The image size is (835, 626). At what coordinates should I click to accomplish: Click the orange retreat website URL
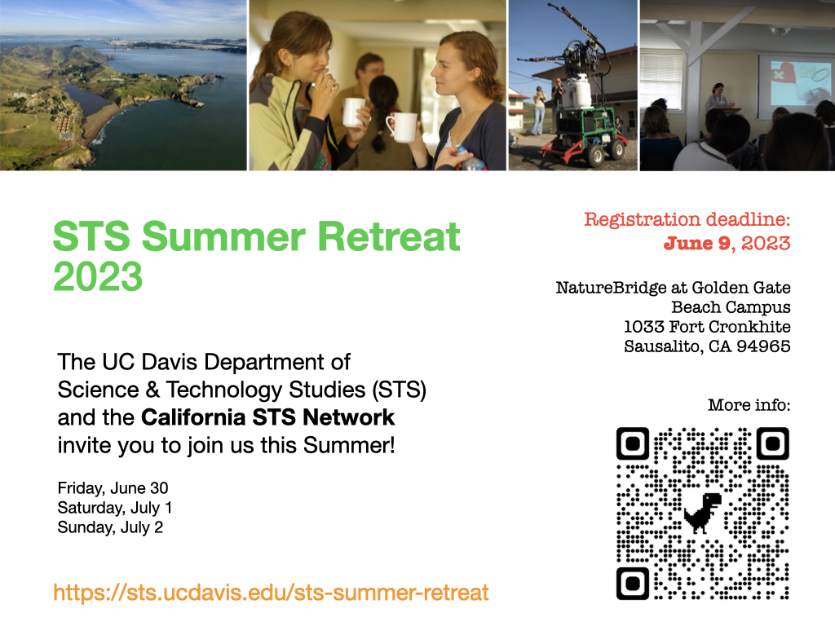pos(271,593)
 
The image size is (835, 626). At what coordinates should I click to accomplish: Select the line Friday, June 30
pos(113,488)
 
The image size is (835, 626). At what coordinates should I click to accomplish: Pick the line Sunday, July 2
pos(110,527)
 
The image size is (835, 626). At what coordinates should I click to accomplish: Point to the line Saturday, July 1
pos(115,508)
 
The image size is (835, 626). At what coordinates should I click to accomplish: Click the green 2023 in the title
pos(98,276)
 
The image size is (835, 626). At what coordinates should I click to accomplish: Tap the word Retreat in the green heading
pos(389,236)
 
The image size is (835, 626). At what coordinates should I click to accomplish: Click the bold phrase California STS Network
pos(267,417)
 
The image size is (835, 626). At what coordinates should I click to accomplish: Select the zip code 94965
pos(763,346)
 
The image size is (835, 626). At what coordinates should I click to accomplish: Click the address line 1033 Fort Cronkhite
pos(707,327)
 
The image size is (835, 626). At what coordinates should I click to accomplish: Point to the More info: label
pos(749,405)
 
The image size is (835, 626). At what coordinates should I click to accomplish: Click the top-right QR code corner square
pos(773,443)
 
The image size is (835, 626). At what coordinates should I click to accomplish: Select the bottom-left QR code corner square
pos(633,584)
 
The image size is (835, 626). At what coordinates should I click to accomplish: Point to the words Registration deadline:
pos(687,219)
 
